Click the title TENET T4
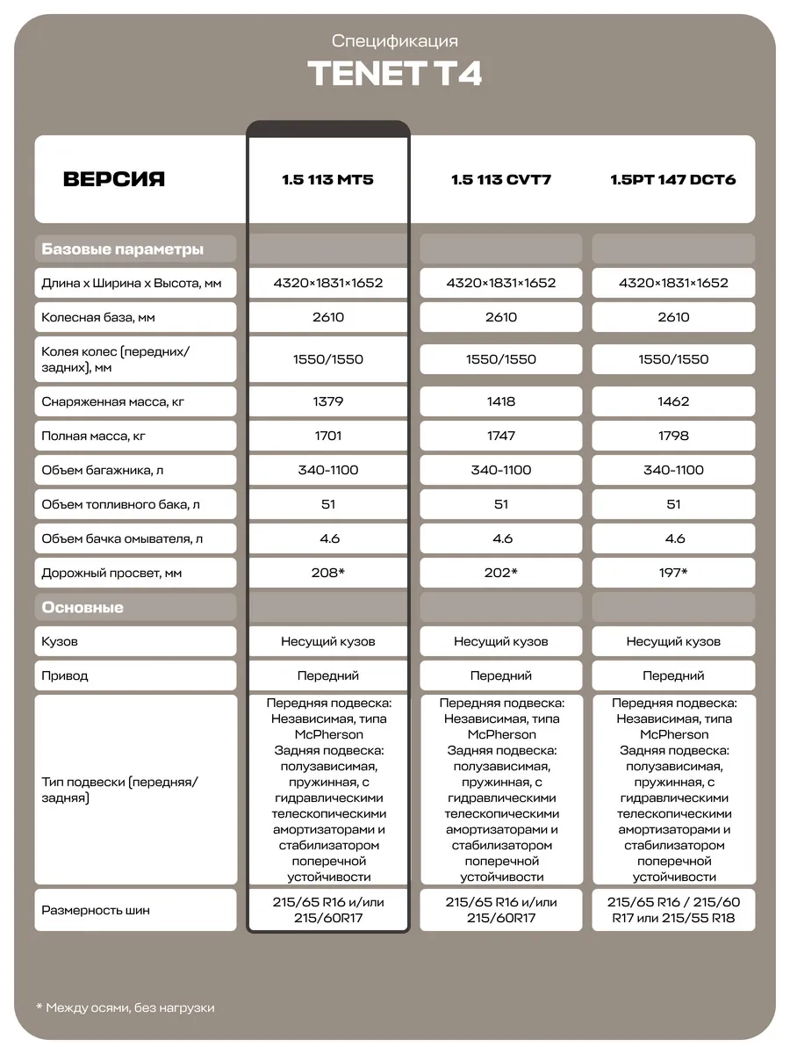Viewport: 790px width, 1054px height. click(x=394, y=74)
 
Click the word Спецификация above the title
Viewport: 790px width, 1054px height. click(x=395, y=41)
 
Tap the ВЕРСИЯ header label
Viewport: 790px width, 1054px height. click(x=114, y=179)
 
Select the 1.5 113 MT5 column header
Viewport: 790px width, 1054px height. click(x=327, y=180)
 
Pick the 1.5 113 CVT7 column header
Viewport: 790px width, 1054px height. click(x=500, y=180)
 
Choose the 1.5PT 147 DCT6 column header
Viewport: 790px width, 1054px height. click(x=673, y=180)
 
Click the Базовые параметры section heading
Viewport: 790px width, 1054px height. click(x=123, y=249)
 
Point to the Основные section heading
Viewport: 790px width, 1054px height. click(x=83, y=608)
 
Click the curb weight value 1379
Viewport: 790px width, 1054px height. click(x=328, y=401)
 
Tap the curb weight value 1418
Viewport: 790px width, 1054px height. click(x=501, y=401)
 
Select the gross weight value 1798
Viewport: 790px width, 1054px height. click(x=673, y=436)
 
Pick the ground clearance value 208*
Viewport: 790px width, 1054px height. click(x=328, y=573)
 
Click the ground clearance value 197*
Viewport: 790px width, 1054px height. click(x=673, y=573)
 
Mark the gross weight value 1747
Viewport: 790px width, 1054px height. click(x=501, y=436)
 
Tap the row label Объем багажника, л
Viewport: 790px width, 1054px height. click(x=103, y=470)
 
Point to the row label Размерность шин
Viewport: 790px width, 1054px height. click(x=96, y=910)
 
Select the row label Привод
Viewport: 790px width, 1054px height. click(x=65, y=676)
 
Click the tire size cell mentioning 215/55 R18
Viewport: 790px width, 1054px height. click(x=673, y=910)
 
